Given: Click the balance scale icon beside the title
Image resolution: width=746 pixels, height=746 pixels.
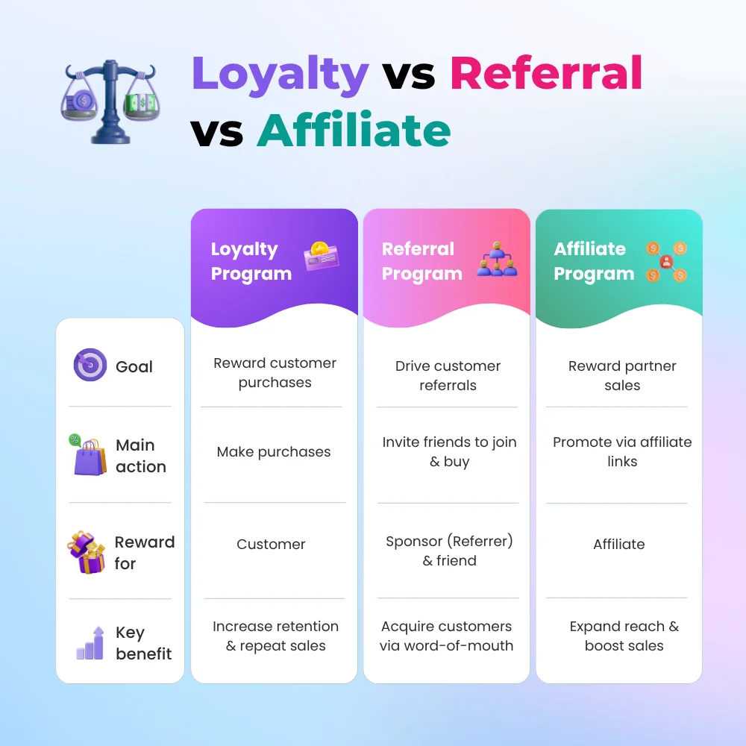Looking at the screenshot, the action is pos(110,101).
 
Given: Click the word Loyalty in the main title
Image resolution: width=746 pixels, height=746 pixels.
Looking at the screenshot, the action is pos(280,75).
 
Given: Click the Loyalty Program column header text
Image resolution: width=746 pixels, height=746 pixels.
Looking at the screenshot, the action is pos(251,261).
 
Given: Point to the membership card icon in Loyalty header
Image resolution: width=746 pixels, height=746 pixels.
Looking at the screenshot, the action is pos(322,256).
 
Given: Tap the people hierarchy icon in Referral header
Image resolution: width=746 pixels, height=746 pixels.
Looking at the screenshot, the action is pos(497,260).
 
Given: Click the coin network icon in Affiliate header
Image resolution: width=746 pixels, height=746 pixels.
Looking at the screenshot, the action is pos(666,261).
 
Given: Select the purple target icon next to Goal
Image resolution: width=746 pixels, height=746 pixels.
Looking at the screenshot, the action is pos(90,365).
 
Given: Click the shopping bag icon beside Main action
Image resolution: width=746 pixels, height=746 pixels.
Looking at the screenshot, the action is pos(89,455).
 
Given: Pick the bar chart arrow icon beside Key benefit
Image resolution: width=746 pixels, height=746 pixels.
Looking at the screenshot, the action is pos(90,643).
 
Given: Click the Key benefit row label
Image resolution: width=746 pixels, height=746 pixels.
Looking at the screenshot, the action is pos(143,643).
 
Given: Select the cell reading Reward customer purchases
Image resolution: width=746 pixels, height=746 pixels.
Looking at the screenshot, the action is pos(275,372).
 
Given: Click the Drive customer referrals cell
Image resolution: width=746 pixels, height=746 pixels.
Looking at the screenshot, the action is pos(448,375).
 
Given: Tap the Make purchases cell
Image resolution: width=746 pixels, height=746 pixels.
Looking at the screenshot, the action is pos(274,451).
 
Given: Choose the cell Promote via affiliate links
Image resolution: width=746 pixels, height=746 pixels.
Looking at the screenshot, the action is pos(622,451).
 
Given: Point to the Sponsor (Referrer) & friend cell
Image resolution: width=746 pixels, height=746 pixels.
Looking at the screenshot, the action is pos(449,551).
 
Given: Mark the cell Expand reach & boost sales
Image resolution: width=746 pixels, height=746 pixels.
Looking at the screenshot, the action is pos(624,636).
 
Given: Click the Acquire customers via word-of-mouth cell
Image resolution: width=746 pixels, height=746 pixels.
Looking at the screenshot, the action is pos(446,636).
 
